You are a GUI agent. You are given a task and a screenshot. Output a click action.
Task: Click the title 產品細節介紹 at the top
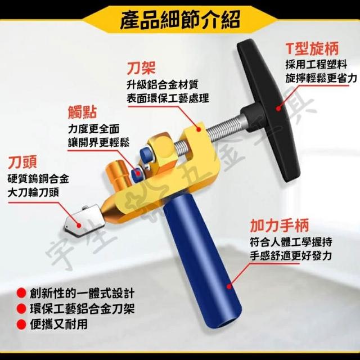(x=180, y=20)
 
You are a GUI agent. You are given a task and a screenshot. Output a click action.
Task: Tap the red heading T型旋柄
(x=312, y=49)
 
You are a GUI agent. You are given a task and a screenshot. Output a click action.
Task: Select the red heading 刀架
(x=141, y=67)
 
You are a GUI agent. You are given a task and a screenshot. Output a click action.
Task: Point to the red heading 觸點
(x=83, y=112)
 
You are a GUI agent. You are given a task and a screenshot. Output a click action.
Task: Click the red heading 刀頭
(x=22, y=162)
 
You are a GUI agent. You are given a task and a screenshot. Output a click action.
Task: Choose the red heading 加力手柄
(x=280, y=226)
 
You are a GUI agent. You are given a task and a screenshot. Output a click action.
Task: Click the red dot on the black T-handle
(x=278, y=108)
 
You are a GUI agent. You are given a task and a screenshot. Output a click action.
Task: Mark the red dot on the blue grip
(x=229, y=286)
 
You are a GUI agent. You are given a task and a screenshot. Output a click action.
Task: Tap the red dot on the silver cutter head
(x=79, y=226)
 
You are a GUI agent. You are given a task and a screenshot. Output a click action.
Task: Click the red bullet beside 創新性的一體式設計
(x=21, y=294)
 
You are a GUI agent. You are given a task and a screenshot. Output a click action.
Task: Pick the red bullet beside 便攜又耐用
(x=21, y=325)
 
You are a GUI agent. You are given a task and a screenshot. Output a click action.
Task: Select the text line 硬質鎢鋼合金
(x=38, y=179)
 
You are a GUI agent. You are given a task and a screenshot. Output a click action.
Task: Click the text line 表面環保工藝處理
(x=168, y=98)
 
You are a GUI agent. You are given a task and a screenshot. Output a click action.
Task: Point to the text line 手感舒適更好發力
(x=291, y=255)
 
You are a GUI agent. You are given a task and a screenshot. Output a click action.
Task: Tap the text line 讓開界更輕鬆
(x=99, y=142)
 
